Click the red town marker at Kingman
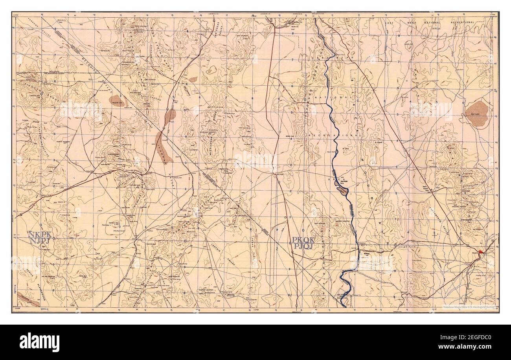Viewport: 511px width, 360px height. click(x=481, y=251)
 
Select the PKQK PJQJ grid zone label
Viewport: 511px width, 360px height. click(x=303, y=243)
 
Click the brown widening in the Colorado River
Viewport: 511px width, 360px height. click(x=342, y=190)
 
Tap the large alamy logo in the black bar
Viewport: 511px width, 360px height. click(x=39, y=340)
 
